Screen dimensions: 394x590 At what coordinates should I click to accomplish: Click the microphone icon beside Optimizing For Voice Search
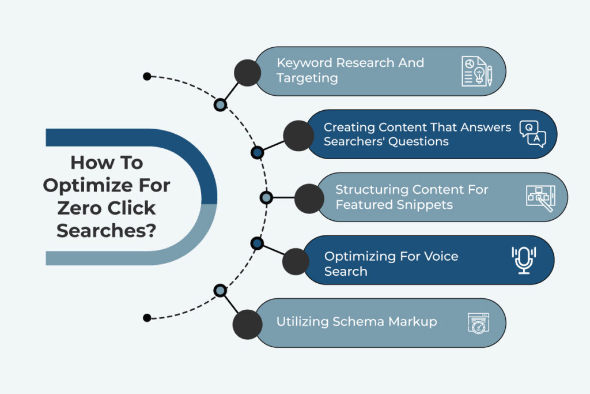tap(524, 260)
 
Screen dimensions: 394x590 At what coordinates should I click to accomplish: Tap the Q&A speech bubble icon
tap(532, 134)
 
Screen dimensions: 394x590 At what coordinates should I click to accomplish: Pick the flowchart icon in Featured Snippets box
tap(540, 197)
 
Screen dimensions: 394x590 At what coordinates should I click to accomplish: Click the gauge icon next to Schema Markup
tap(478, 323)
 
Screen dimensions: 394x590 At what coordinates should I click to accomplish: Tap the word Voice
tap(438, 256)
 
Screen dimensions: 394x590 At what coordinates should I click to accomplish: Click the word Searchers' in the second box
tap(353, 141)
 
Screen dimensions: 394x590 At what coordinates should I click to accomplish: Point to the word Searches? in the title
tap(107, 230)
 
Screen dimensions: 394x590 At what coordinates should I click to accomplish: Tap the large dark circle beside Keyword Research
tap(248, 72)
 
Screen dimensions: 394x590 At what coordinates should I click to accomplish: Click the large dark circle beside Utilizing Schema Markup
tap(247, 324)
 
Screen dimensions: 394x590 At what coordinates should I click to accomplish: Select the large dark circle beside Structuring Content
tap(309, 198)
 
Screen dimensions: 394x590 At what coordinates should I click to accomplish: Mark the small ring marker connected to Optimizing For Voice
tap(258, 243)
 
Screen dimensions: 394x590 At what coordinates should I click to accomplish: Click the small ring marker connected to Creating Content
tap(258, 152)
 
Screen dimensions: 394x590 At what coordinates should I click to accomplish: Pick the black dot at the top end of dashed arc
tap(147, 76)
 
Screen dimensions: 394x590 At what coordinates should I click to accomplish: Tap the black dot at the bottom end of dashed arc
tap(147, 317)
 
